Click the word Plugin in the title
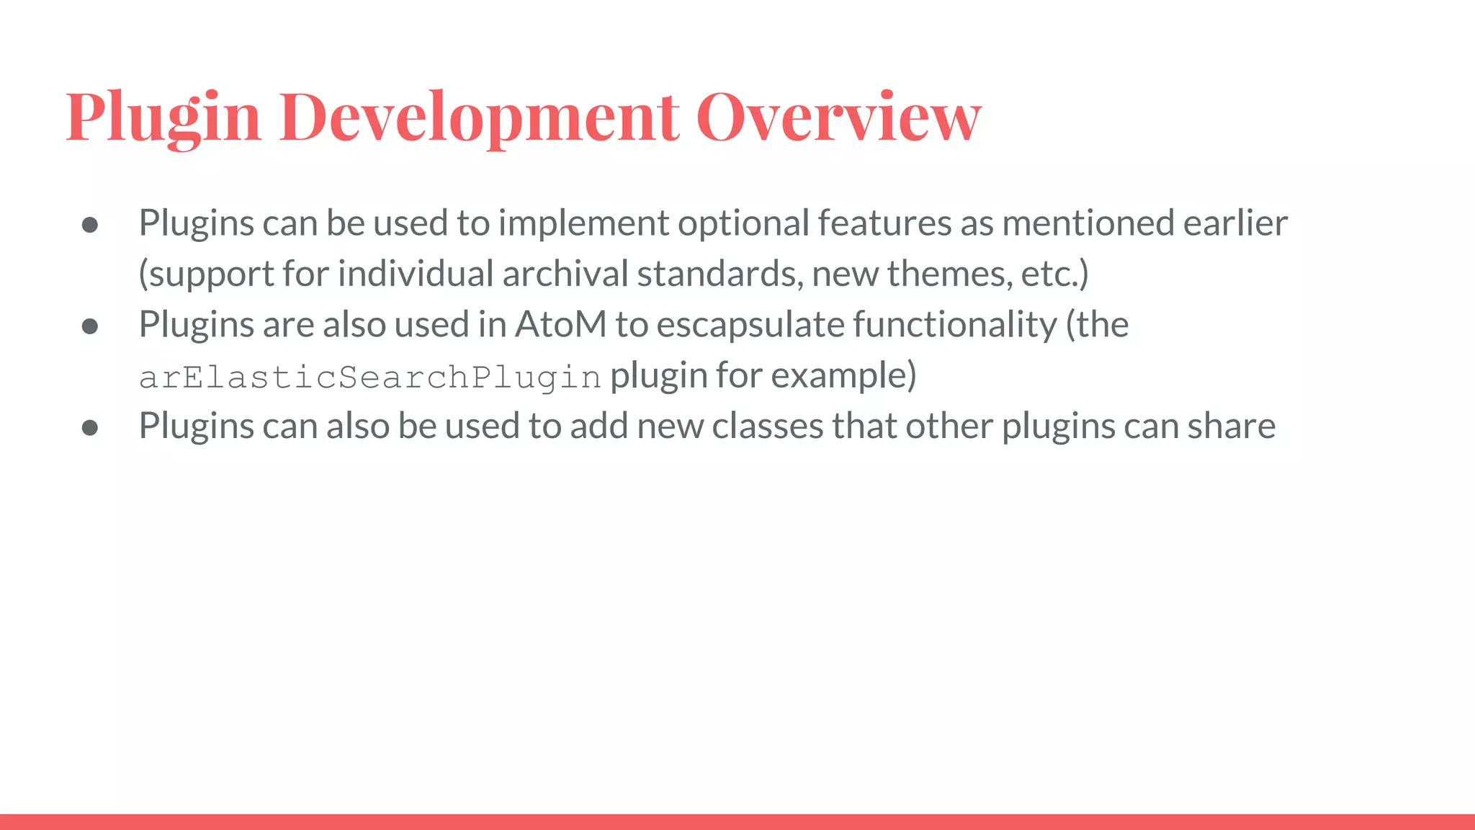click(163, 117)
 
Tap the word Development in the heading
click(478, 117)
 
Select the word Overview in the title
click(838, 117)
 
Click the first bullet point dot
click(90, 225)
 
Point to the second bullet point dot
click(90, 326)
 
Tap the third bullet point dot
click(90, 428)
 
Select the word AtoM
click(560, 324)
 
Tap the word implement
click(583, 223)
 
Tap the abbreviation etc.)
click(1054, 274)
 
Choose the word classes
click(768, 426)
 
